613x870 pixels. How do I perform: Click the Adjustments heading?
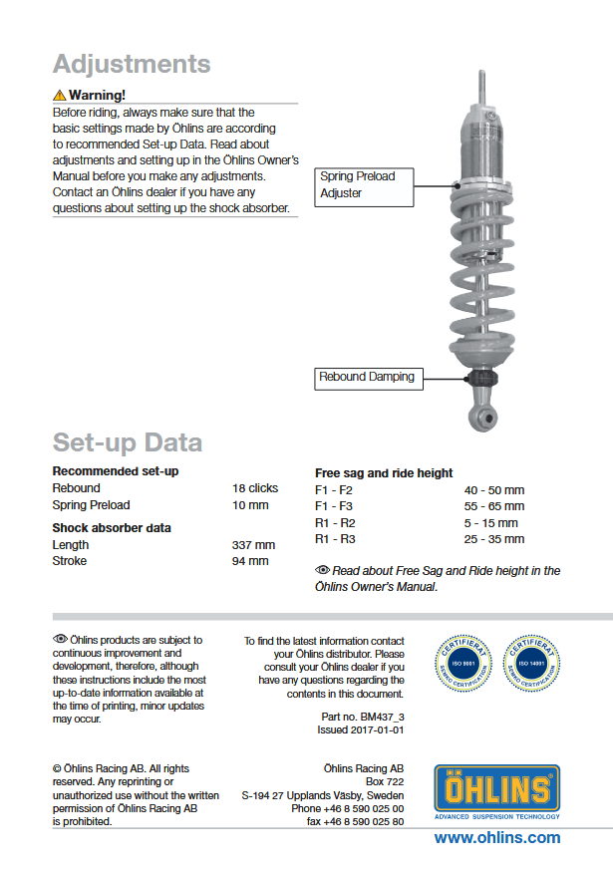[132, 64]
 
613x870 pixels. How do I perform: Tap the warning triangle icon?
[59, 96]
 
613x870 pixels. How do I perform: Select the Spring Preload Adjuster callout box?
[364, 185]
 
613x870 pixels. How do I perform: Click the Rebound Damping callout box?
[366, 378]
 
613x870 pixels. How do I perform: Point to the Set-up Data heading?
[128, 442]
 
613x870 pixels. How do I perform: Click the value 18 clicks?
[255, 488]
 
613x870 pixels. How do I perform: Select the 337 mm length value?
[253, 545]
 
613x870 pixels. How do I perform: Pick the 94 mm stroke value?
[250, 561]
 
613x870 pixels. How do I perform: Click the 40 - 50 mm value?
[493, 490]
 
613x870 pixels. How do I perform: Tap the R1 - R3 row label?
[335, 539]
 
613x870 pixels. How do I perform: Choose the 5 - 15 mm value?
[491, 523]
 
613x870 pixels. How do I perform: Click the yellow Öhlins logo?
[496, 789]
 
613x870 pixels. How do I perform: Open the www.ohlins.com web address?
[496, 837]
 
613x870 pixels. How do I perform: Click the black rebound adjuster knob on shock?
[482, 380]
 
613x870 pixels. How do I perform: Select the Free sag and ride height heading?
[384, 473]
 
